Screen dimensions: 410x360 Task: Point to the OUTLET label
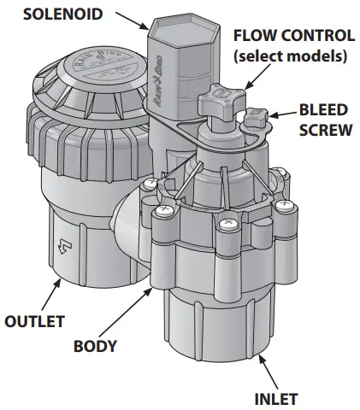pyautogui.click(x=35, y=322)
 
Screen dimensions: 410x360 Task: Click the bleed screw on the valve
pyautogui.click(x=257, y=117)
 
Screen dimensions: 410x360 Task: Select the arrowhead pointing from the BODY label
pyautogui.click(x=155, y=286)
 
